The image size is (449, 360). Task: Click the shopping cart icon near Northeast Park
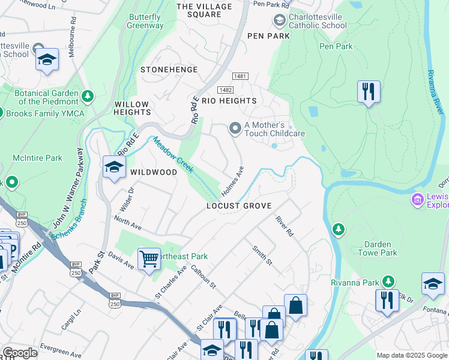coord(148,259)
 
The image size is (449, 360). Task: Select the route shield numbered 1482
coord(226,89)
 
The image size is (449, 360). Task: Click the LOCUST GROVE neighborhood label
coord(240,206)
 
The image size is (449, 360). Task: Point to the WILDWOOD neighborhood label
coord(154,172)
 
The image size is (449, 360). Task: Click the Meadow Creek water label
coord(173,155)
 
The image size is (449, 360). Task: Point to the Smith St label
coord(262,256)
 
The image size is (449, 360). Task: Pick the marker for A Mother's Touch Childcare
coord(235,128)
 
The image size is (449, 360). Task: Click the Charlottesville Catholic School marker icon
coord(279,21)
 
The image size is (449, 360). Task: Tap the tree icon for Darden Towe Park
coord(339,229)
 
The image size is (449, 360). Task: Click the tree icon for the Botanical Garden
coord(88,95)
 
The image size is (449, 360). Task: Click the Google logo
coord(20,352)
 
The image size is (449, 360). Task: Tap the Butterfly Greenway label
coord(145,22)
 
